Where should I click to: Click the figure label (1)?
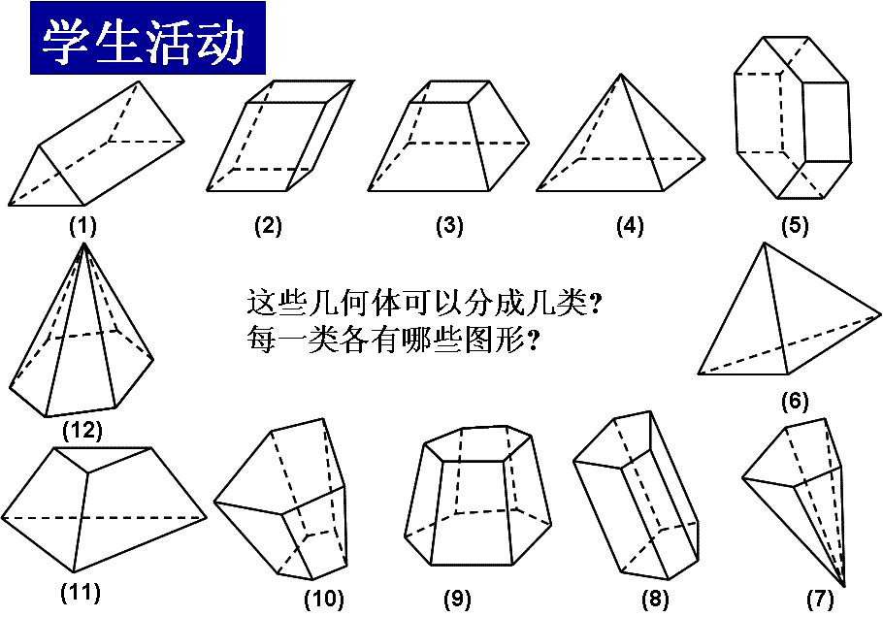click(82, 226)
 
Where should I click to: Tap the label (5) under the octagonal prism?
click(795, 225)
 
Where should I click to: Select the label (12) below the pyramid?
click(82, 431)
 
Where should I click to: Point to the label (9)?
click(457, 599)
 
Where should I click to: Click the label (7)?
click(819, 599)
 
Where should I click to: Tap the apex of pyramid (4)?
click(621, 75)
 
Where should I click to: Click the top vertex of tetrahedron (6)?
click(765, 244)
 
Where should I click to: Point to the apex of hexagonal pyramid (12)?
click(83, 244)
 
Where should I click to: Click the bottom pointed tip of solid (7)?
click(843, 586)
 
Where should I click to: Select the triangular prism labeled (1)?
click(96, 144)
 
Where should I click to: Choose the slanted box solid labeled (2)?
click(279, 136)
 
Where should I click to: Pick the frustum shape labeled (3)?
click(449, 136)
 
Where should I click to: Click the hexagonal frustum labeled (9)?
click(478, 496)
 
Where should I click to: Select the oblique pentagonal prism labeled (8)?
click(637, 496)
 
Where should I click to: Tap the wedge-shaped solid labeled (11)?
click(104, 510)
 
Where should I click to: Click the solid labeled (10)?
click(280, 499)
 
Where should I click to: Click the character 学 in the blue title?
click(65, 41)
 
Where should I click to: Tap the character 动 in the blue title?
click(220, 41)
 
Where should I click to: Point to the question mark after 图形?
click(532, 340)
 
